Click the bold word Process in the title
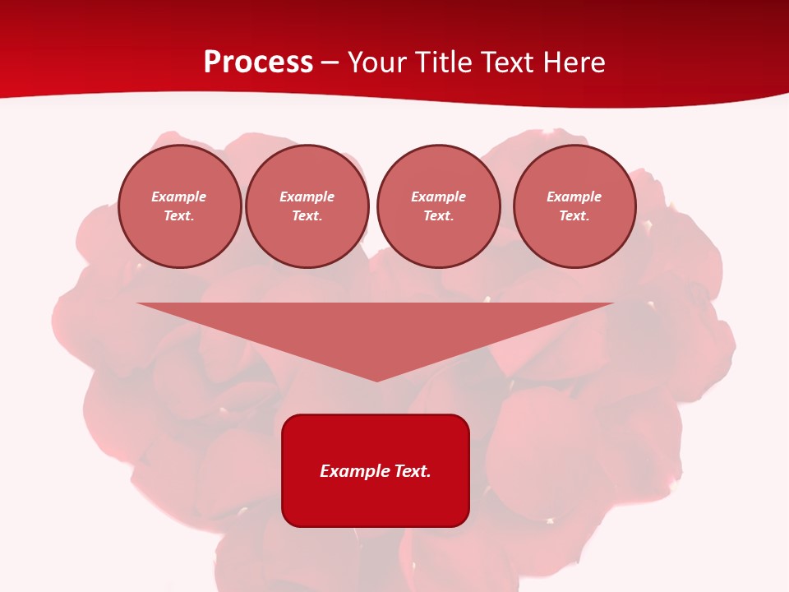pos(258,62)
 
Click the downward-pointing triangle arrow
pos(376,333)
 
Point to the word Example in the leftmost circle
pos(179,197)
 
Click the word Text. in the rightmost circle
pos(574,215)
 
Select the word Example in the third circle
pos(438,197)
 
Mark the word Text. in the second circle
pos(307,215)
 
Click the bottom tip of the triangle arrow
pos(376,379)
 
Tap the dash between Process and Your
pos(330,62)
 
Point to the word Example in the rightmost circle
pos(574,197)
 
